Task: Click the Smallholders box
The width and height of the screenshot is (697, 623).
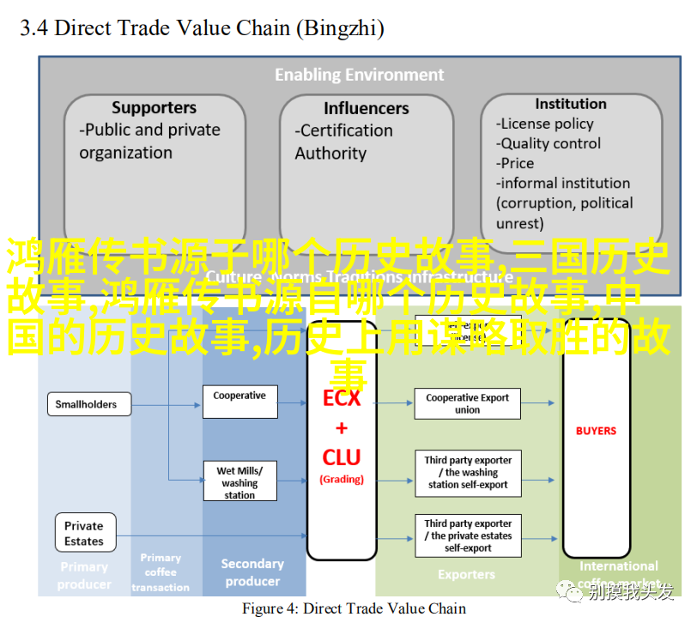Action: pyautogui.click(x=86, y=404)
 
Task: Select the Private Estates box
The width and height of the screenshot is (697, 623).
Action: pyautogui.click(x=83, y=533)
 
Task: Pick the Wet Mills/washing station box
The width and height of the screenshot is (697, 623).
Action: pyautogui.click(x=239, y=482)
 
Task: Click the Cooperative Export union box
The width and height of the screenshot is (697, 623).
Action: pyautogui.click(x=467, y=403)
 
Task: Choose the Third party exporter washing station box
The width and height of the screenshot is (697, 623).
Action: pyautogui.click(x=467, y=473)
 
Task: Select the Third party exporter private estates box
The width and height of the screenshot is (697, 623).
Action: pyautogui.click(x=467, y=535)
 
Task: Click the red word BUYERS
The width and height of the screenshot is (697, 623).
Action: pyautogui.click(x=596, y=431)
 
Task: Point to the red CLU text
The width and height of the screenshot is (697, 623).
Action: pyautogui.click(x=342, y=457)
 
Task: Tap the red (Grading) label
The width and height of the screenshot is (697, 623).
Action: pyautogui.click(x=342, y=480)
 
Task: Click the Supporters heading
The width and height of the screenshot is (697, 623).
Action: pyautogui.click(x=154, y=108)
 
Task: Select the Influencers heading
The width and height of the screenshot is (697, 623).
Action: pyautogui.click(x=367, y=108)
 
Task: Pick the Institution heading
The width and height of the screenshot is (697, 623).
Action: pyautogui.click(x=570, y=104)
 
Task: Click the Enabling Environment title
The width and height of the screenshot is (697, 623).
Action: pyautogui.click(x=360, y=75)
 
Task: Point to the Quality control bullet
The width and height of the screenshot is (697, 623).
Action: pyautogui.click(x=550, y=143)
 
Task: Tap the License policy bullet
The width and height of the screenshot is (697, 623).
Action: pyautogui.click(x=547, y=124)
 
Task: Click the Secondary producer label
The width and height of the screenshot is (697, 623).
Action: pyautogui.click(x=252, y=572)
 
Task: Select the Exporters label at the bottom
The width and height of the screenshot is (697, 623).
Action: pyautogui.click(x=466, y=574)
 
